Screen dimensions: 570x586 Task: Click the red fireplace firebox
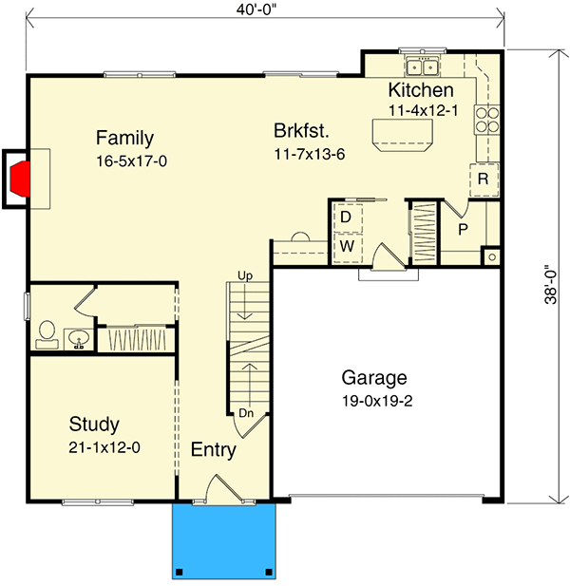[19, 179]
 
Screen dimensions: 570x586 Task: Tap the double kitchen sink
[423, 66]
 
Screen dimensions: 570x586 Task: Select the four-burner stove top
[487, 120]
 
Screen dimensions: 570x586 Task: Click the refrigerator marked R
[484, 180]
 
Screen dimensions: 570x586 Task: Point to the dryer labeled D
[348, 217]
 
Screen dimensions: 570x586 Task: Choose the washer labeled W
[348, 247]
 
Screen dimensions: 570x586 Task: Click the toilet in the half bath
[47, 335]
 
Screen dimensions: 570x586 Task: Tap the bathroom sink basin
[79, 339]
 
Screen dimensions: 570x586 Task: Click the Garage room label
[374, 379]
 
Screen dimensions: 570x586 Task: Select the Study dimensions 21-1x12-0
[104, 447]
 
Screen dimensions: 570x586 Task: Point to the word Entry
[214, 450]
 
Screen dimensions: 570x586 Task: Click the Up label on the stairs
[245, 276]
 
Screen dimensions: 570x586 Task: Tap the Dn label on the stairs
[246, 413]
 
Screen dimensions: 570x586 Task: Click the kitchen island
[403, 135]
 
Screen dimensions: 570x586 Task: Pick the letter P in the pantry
[463, 230]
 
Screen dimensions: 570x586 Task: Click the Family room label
[124, 139]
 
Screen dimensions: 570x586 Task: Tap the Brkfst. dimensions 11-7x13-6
[310, 154]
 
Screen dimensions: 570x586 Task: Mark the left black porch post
[180, 572]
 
